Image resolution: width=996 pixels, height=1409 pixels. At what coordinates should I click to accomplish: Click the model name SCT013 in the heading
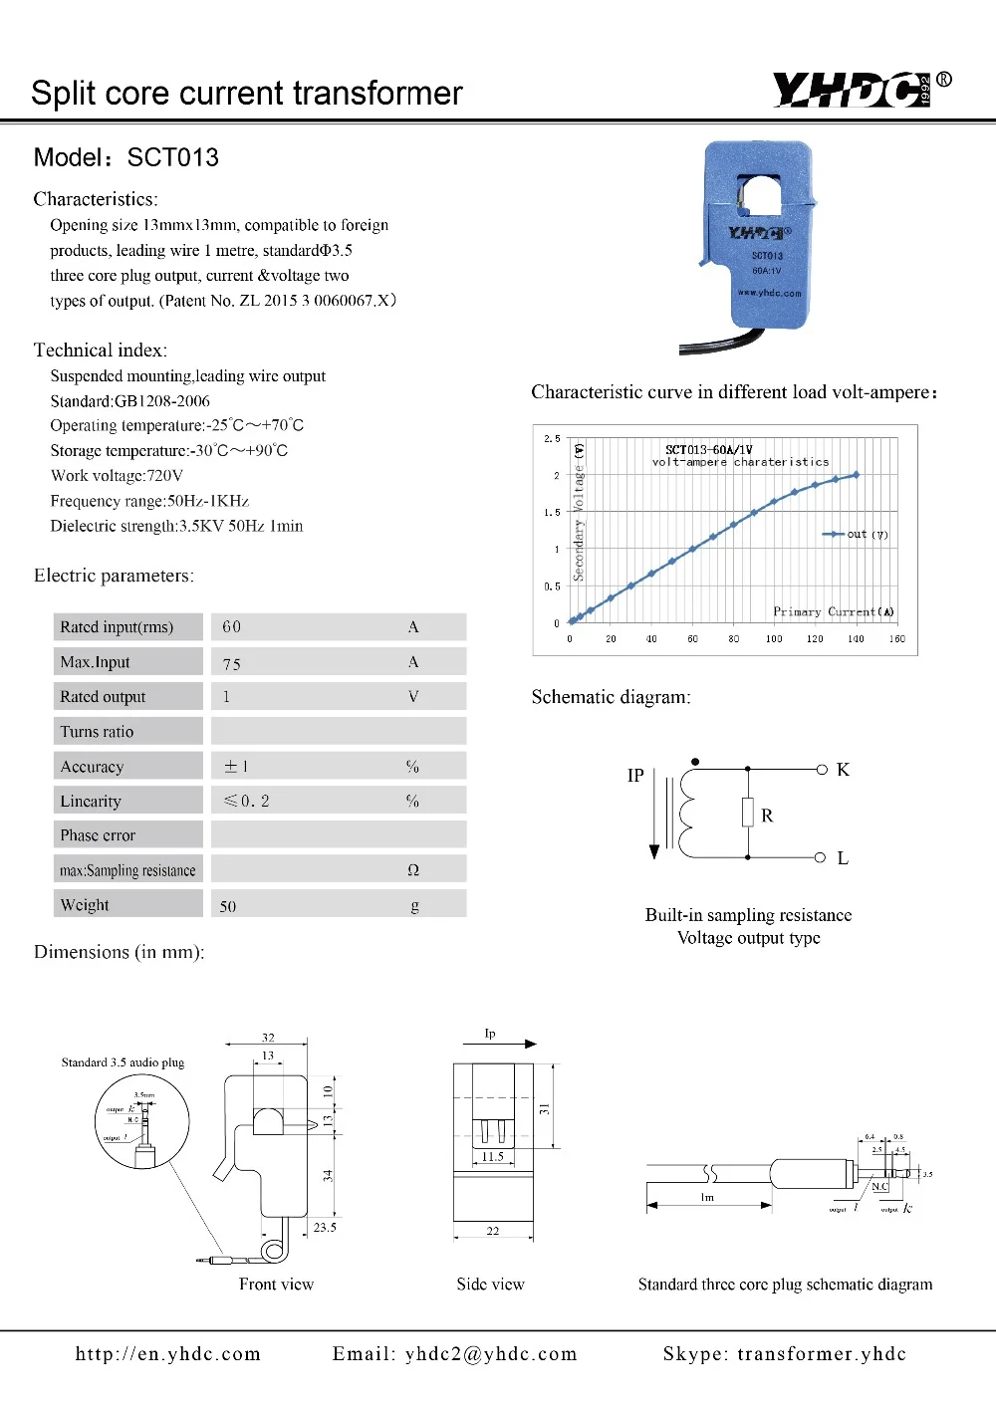click(172, 157)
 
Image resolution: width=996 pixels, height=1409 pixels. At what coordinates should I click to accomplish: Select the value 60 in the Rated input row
click(232, 626)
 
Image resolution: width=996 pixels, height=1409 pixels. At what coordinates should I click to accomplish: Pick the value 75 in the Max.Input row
click(232, 663)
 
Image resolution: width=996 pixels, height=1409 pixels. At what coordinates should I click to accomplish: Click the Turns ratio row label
click(97, 732)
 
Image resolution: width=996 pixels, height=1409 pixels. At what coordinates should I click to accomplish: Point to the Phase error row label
click(98, 835)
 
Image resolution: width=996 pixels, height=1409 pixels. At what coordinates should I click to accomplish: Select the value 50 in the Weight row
click(228, 906)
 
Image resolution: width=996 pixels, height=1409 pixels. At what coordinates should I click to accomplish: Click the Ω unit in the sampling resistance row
click(413, 870)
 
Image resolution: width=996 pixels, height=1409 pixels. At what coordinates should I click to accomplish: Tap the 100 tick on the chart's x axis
click(774, 639)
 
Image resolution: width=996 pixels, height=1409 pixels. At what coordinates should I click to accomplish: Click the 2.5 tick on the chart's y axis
click(552, 438)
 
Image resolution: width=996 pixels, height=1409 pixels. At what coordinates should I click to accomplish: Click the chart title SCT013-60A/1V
click(709, 450)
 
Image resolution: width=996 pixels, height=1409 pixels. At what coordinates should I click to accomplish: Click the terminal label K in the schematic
click(843, 770)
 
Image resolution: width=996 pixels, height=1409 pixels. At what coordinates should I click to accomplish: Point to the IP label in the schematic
click(635, 775)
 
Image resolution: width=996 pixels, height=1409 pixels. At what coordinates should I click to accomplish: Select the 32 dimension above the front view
click(268, 1038)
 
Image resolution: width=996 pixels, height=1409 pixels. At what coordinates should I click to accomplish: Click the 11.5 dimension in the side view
click(493, 1157)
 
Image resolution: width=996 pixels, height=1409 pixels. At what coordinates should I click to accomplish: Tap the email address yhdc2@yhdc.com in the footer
click(491, 1354)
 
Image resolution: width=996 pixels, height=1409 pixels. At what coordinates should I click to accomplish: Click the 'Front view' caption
click(276, 1285)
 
